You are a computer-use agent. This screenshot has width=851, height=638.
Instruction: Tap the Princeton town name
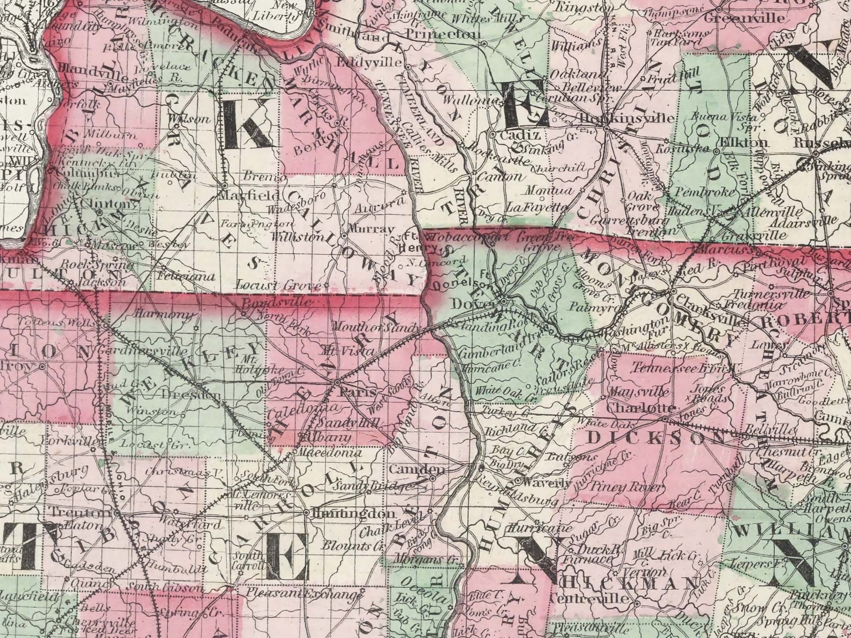point(443,34)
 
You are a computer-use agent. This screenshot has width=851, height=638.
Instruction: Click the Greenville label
point(750,18)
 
